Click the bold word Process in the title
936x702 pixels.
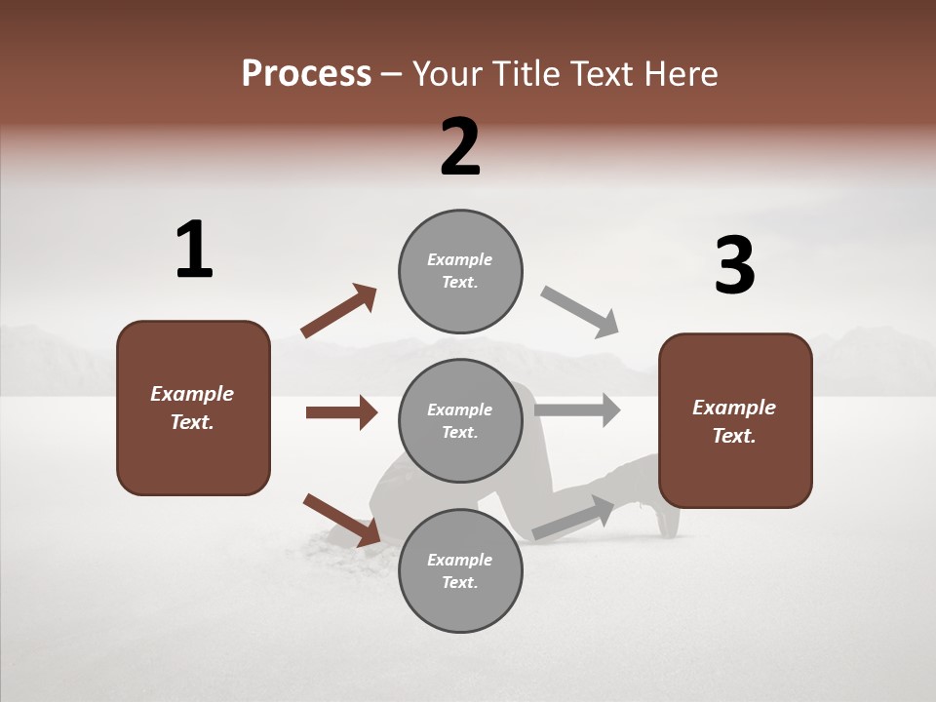[x=306, y=74]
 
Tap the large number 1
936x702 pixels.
[x=194, y=250]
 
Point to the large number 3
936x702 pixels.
[x=734, y=265]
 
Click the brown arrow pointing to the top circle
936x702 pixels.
[x=338, y=311]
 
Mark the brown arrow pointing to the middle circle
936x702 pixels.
[x=341, y=412]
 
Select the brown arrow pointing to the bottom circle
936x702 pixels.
[x=341, y=520]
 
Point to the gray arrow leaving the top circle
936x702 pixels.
[x=580, y=312]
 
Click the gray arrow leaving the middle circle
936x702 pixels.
[x=577, y=409]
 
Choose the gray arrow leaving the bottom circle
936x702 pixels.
[x=573, y=518]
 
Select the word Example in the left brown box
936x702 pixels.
[x=192, y=394]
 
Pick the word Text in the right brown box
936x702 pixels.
[x=731, y=436]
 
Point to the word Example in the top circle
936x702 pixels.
[x=460, y=259]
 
